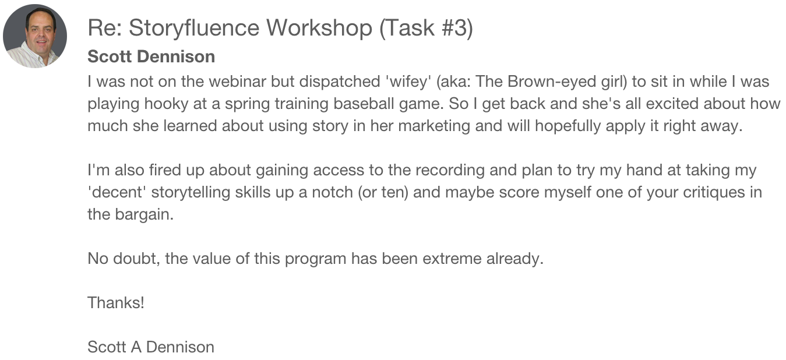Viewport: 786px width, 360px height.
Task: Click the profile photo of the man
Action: pyautogui.click(x=35, y=36)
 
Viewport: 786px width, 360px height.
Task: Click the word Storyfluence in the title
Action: pyautogui.click(x=194, y=28)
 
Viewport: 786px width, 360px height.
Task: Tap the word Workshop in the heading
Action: pyautogui.click(x=319, y=28)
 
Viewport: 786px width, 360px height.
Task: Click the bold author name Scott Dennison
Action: pyautogui.click(x=151, y=57)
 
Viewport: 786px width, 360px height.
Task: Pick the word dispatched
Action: pyautogui.click(x=340, y=82)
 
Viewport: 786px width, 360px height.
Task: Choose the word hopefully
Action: pyautogui.click(x=568, y=126)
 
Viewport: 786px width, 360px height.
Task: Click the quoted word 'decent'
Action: pyautogui.click(x=117, y=192)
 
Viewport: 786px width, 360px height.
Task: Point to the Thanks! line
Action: pyautogui.click(x=116, y=302)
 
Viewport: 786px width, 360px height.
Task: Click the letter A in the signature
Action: pyautogui.click(x=136, y=347)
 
